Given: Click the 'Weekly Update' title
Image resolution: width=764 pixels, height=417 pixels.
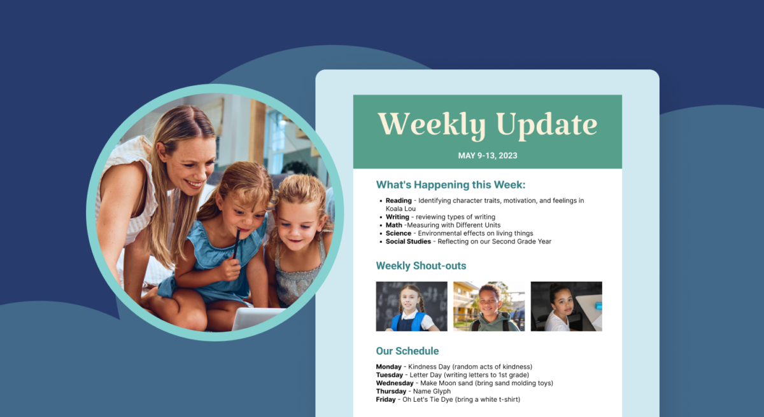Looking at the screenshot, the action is [488, 125].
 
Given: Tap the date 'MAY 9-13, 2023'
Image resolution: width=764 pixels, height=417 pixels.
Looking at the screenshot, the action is [488, 156].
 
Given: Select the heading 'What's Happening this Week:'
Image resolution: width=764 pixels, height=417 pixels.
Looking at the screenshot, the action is [451, 185].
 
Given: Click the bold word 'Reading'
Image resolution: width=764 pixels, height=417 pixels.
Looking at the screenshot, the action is [399, 200].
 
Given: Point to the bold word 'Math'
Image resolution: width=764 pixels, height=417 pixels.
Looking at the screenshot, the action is [394, 225].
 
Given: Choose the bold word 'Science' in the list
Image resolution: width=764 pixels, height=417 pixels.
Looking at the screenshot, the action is [399, 233].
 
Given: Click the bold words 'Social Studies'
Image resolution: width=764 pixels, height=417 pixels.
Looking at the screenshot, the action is [408, 242].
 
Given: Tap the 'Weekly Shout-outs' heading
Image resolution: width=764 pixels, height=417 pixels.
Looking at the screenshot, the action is [421, 266].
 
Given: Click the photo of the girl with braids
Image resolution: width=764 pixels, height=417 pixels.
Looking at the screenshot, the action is [412, 306].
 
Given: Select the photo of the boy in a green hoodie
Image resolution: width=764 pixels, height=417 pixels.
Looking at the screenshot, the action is [489, 306].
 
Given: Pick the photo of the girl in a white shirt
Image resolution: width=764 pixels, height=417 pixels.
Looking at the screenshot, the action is [567, 306].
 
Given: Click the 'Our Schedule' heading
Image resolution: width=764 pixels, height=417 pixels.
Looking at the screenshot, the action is [407, 351].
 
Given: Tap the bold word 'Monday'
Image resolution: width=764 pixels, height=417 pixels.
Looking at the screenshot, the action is [389, 367].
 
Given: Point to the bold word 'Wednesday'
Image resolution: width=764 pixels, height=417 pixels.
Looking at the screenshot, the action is [395, 383].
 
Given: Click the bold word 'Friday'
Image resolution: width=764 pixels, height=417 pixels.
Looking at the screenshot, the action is [386, 399].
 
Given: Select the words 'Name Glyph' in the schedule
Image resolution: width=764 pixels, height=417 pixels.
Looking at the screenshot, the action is [432, 392].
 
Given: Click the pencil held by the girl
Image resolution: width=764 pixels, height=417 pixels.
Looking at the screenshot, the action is [236, 243].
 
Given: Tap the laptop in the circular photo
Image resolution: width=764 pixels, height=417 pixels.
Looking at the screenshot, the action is [258, 318].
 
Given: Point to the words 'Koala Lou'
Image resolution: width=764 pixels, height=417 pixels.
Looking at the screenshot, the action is [400, 208].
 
